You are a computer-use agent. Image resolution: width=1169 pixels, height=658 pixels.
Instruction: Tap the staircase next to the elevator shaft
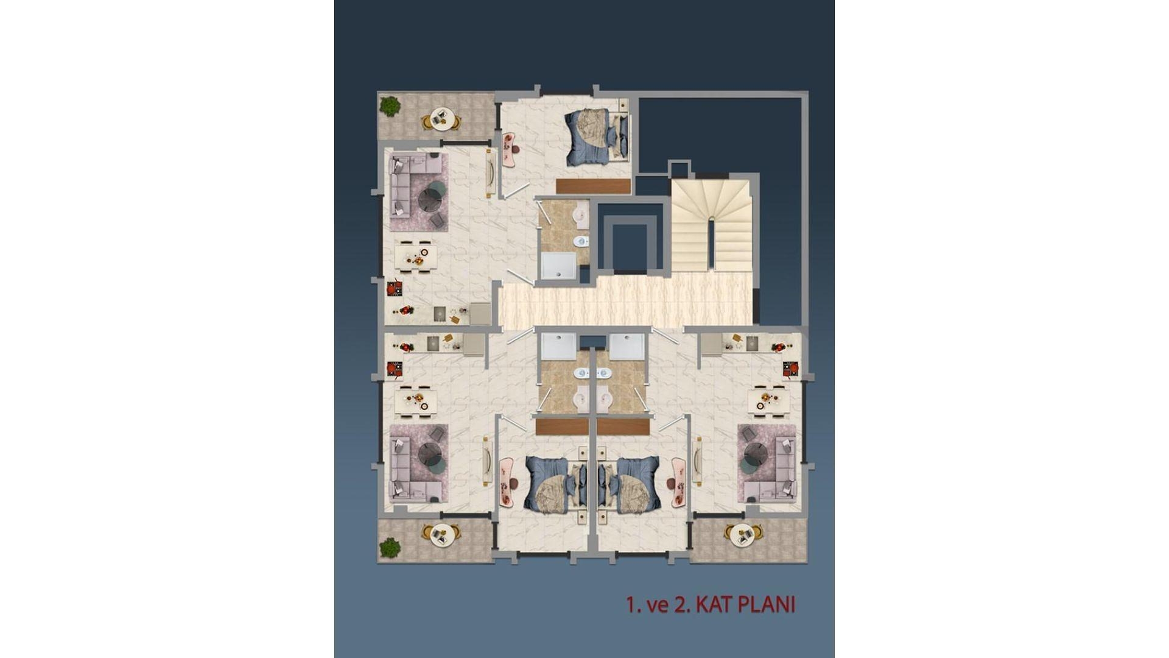coord(712,225)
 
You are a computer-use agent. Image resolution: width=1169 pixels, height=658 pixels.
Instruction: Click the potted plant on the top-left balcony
coord(389,107)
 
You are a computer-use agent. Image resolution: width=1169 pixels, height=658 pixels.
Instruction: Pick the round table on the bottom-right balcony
coord(742,534)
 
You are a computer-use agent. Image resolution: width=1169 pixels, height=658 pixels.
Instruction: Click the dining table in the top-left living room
coord(416,256)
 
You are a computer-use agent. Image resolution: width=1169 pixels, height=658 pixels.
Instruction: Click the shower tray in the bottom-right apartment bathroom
coord(627,347)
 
